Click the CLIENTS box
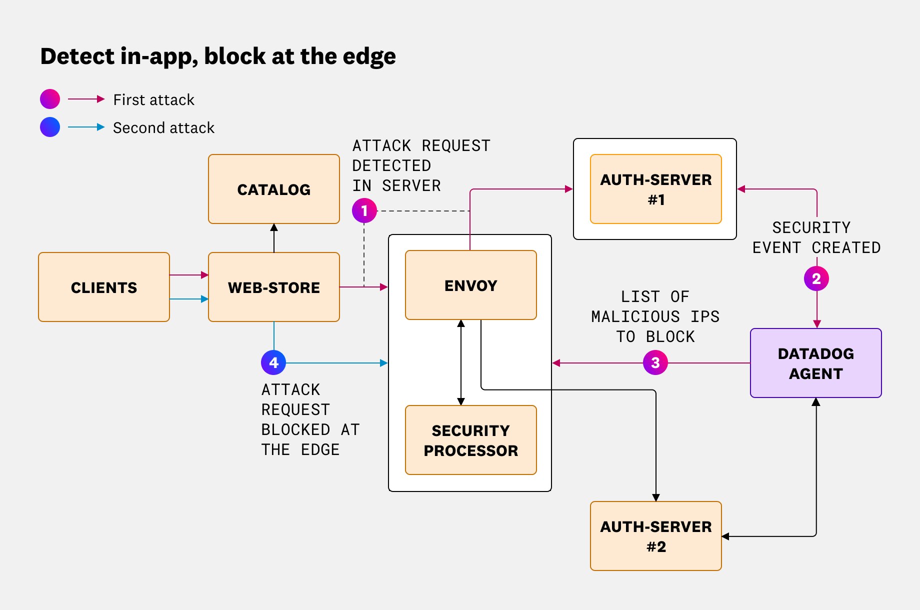[x=104, y=287]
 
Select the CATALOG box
[x=273, y=189]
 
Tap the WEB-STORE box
[x=273, y=287]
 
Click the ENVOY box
[x=470, y=285]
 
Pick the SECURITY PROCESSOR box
[x=470, y=440]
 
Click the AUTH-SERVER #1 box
[x=655, y=189]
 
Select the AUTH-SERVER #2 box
[x=655, y=536]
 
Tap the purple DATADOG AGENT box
[x=815, y=363]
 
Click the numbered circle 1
[x=364, y=210]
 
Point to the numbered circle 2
[x=816, y=278]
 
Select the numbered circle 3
[x=655, y=362]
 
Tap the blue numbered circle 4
[x=273, y=362]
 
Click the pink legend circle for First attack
[x=50, y=99]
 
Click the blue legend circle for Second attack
[x=50, y=127]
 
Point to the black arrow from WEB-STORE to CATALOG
[x=274, y=238]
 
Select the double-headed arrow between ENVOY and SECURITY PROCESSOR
[x=461, y=362]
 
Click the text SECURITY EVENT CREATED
[x=816, y=237]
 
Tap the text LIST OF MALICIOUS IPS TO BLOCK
[x=655, y=316]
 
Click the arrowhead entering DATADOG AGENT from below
[x=816, y=402]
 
